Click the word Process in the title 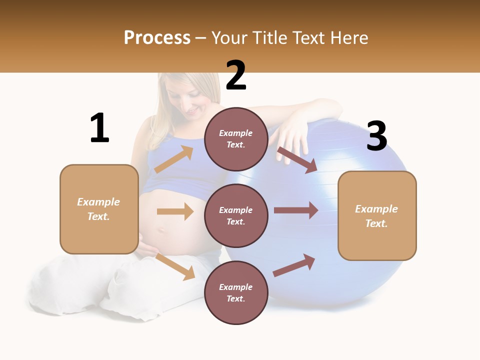pos(157,38)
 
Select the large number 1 pos(99,128)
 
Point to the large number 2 pos(236,75)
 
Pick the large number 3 pos(376,136)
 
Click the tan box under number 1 pos(99,209)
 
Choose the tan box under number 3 pos(377,215)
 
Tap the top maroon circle pos(236,139)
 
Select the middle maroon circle pos(236,215)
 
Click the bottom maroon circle pos(236,292)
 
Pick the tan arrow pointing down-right pos(175,266)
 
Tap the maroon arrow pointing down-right pos(297,160)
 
